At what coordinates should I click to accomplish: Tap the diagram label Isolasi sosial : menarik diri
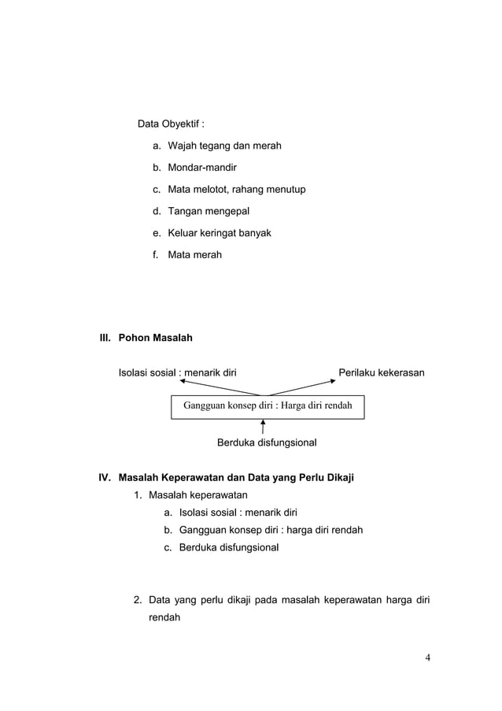[177, 372]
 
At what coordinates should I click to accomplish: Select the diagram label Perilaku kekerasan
[382, 372]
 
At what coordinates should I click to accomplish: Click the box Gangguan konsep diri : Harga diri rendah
[268, 406]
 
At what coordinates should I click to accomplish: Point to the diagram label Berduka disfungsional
[267, 446]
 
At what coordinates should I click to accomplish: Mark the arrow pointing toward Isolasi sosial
[220, 387]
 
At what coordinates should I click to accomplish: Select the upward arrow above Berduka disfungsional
[262, 428]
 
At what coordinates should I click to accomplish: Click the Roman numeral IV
[104, 477]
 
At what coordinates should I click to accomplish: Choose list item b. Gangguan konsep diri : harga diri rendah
[271, 530]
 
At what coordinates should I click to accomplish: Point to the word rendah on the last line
[164, 618]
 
